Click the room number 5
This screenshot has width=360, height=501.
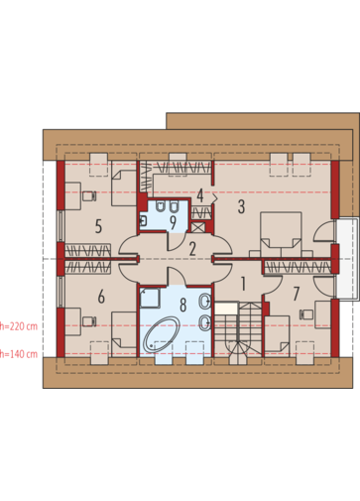point(98,227)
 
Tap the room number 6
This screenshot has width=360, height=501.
point(101,297)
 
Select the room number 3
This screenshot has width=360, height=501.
point(241,206)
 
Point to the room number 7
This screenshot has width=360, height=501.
point(297,294)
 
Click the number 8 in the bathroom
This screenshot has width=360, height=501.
point(182,305)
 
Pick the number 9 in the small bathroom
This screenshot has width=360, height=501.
point(173,223)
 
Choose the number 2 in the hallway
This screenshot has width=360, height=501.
point(192,249)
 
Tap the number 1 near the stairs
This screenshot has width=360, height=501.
point(243,284)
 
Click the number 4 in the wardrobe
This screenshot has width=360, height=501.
point(200,195)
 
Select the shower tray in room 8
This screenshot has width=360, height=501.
point(150,298)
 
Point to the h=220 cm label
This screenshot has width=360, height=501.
point(19,326)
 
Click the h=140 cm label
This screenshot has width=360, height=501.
point(19,354)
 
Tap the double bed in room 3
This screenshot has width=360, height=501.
point(281,234)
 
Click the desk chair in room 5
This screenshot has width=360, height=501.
point(89,196)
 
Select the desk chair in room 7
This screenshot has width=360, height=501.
point(306,314)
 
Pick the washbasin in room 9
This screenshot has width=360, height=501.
point(144,221)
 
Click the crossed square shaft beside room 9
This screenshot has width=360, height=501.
point(198,227)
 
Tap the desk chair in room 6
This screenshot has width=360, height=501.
point(89,321)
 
